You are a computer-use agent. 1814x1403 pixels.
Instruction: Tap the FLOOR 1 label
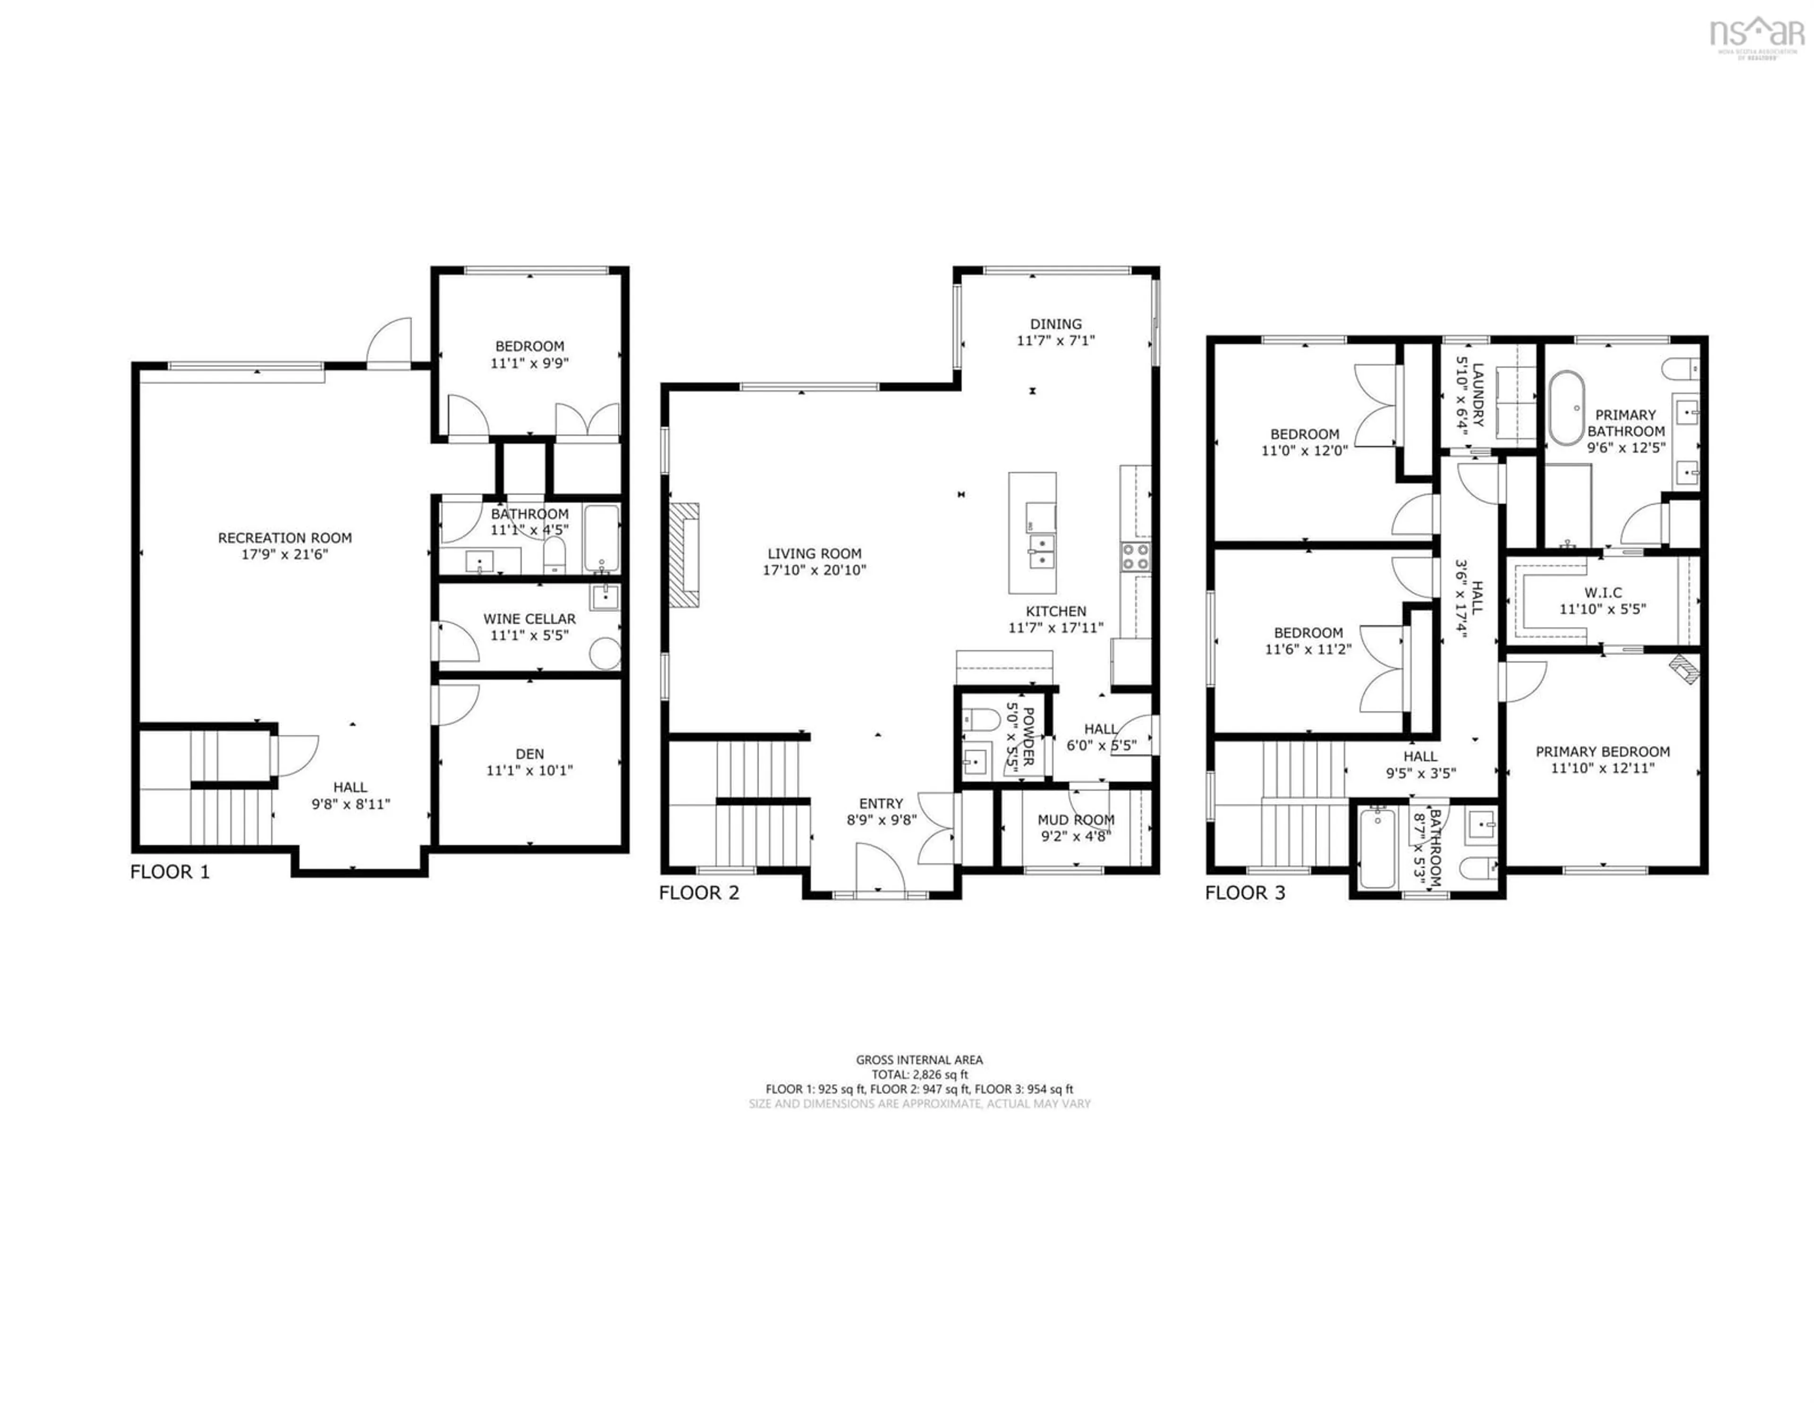tap(170, 871)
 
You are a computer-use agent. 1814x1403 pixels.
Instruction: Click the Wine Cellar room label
tap(529, 619)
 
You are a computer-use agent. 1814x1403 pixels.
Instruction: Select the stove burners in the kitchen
tap(1136, 557)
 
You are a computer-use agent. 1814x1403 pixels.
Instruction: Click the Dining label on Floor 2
tap(1056, 324)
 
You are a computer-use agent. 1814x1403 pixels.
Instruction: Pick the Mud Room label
tap(1076, 820)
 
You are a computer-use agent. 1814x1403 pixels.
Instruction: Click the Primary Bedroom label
tap(1602, 752)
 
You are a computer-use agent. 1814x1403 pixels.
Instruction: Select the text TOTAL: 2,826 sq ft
tap(919, 1074)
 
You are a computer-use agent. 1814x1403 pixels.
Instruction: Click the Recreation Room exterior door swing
tap(390, 341)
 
